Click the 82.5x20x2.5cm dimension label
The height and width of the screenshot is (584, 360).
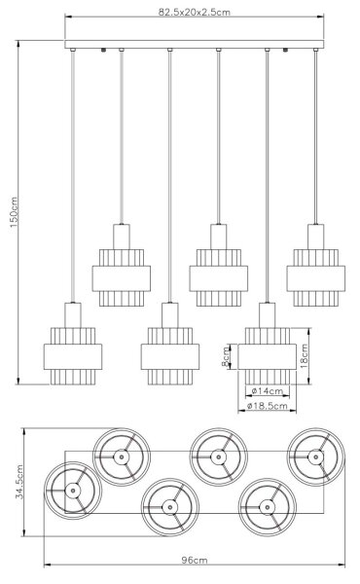click(x=195, y=12)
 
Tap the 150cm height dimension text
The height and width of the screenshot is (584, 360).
click(x=14, y=212)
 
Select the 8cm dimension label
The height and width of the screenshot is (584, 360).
click(x=226, y=356)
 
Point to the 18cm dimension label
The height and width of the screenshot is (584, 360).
click(x=305, y=356)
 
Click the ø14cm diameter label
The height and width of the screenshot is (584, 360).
click(x=268, y=391)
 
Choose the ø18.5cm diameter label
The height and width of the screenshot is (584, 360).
click(x=268, y=406)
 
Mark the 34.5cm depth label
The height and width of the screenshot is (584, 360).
click(x=19, y=482)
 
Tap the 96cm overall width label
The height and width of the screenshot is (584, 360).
click(x=195, y=560)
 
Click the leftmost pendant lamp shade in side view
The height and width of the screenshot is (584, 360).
click(x=73, y=356)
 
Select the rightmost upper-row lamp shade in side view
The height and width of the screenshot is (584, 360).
click(x=315, y=277)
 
